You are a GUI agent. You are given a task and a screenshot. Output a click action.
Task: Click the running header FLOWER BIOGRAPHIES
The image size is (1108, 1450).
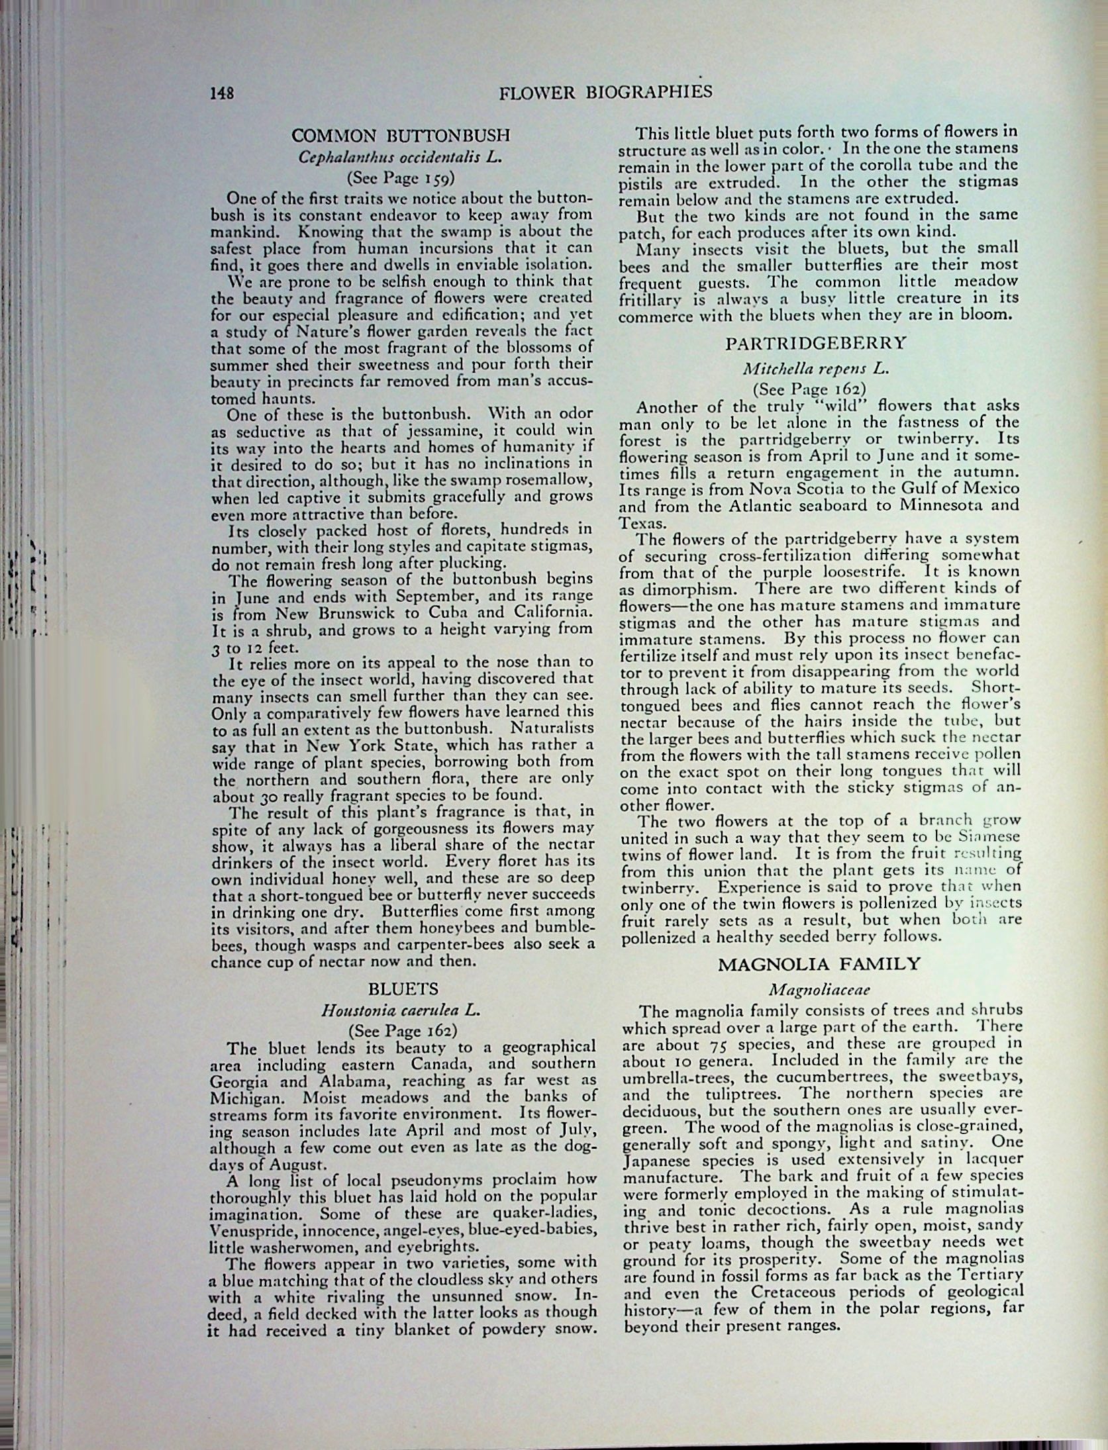point(605,91)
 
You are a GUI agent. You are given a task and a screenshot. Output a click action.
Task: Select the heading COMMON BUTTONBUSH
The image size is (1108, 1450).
point(401,136)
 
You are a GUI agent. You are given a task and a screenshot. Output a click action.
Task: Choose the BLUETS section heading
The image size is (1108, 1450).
point(403,989)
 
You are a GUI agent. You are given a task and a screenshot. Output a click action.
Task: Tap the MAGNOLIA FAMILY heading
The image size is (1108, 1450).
point(819,963)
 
